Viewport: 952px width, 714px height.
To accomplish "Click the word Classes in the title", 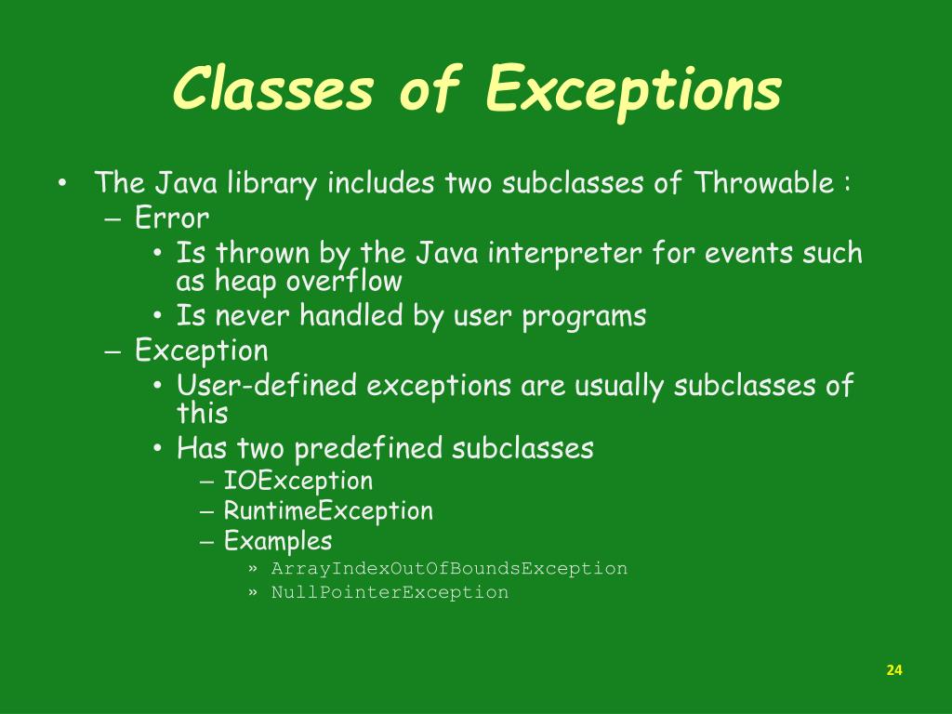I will point(274,91).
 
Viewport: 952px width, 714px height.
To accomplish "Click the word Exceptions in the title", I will point(633,91).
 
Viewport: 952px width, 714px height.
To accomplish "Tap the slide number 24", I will point(894,670).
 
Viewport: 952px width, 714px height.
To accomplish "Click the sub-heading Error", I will point(172,218).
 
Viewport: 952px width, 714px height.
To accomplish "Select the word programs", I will point(584,316).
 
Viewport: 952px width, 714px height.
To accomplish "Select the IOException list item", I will point(297,481).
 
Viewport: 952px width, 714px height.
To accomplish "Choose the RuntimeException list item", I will point(328,510).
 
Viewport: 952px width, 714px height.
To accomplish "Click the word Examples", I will point(278,540).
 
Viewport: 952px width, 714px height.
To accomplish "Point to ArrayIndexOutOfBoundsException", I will point(449,568).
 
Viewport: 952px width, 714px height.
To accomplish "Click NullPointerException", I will point(390,592).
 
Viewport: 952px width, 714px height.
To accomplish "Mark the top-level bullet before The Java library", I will point(60,183).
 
